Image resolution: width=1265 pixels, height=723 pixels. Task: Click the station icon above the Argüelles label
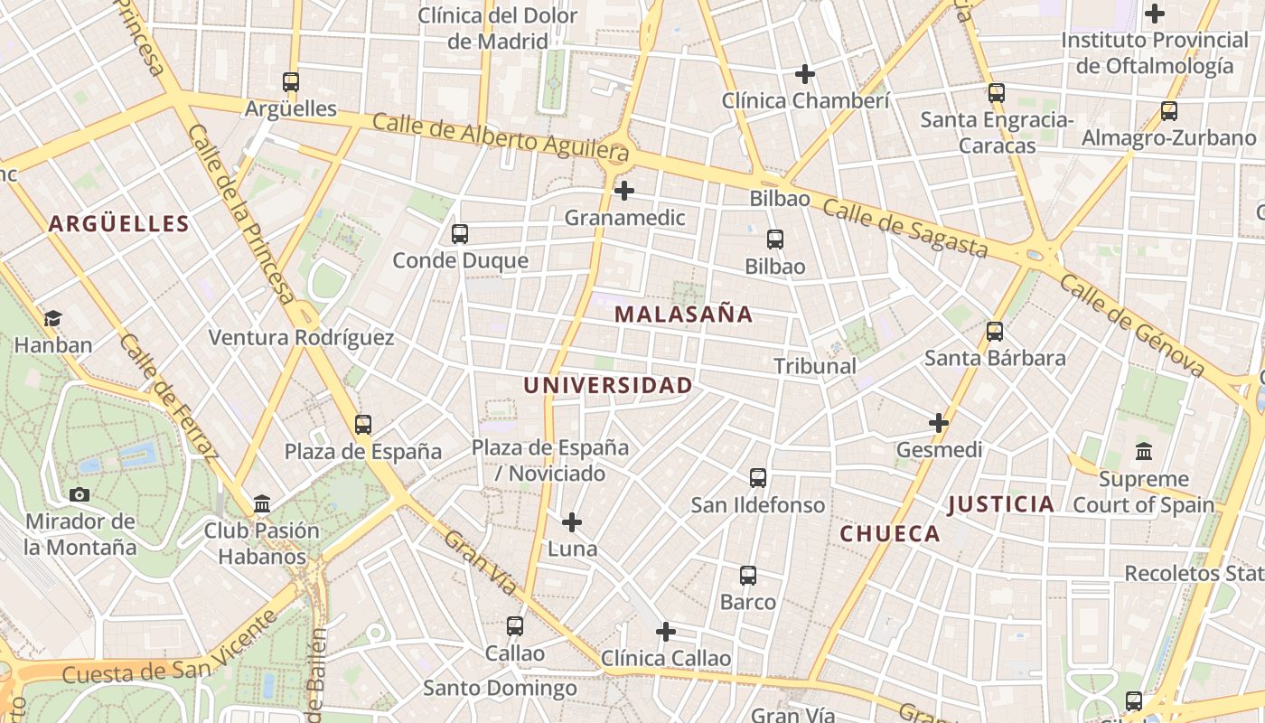coord(291,82)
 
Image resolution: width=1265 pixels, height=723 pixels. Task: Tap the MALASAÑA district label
coord(683,315)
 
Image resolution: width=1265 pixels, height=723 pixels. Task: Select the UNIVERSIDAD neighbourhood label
coord(608,385)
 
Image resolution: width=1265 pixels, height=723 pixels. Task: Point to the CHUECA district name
coord(890,533)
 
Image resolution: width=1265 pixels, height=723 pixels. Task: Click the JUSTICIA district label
coord(1001,504)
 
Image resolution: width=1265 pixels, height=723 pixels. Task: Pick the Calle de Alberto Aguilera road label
coord(500,136)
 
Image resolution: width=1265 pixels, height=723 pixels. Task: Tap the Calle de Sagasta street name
coord(904,229)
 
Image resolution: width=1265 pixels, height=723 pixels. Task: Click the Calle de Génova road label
coord(1132,325)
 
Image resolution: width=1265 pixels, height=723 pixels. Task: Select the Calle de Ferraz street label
coord(169,398)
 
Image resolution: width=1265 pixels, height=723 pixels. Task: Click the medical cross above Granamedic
coord(624,192)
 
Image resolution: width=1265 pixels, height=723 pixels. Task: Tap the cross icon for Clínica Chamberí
coord(805,74)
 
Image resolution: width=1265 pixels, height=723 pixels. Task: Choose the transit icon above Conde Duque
coord(460,234)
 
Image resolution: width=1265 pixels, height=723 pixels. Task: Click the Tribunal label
coord(815,366)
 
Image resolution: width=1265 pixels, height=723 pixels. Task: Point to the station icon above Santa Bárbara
coord(995,332)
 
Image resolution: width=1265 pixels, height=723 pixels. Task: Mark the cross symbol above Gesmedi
coord(939,423)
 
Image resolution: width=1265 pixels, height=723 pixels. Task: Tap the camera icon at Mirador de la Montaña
coord(80,494)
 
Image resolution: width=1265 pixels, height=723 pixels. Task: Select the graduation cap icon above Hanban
coord(52,318)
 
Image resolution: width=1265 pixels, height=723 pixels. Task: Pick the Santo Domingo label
coord(500,688)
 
